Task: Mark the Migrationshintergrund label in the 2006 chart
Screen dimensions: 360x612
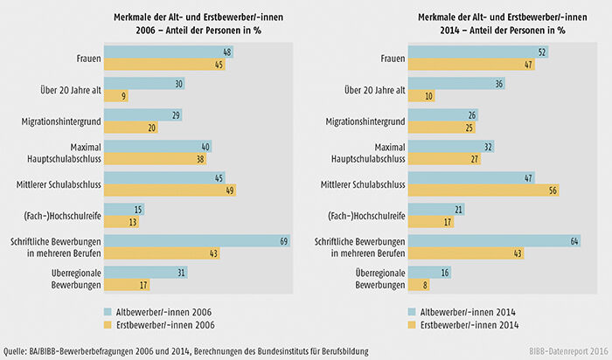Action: tap(59, 121)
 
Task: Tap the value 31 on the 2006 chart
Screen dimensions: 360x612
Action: tap(181, 273)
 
